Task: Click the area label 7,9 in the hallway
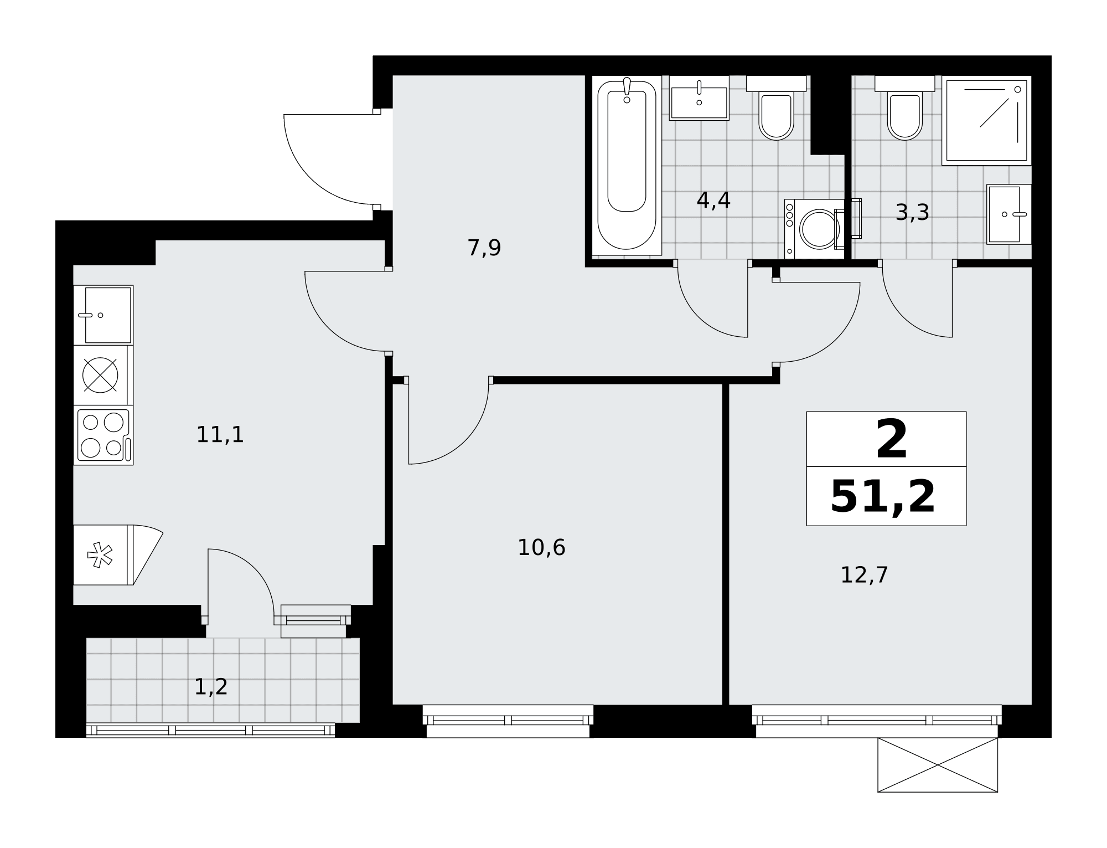click(484, 248)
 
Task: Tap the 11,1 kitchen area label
click(220, 435)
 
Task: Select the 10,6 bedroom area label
click(541, 548)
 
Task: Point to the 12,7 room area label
click(864, 575)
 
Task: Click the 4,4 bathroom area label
click(713, 201)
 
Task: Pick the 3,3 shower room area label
click(912, 213)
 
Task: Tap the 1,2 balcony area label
click(211, 687)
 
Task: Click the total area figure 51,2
click(883, 497)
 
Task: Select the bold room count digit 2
click(892, 439)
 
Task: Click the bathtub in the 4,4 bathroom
click(627, 165)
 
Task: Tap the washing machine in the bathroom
click(815, 229)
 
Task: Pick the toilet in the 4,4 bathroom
click(776, 108)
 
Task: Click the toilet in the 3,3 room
click(904, 108)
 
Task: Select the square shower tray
click(986, 120)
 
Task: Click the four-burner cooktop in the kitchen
click(104, 435)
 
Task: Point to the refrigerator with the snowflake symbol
click(104, 554)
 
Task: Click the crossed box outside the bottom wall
click(938, 765)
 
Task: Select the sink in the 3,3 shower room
click(1009, 214)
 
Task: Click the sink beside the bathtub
click(699, 98)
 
